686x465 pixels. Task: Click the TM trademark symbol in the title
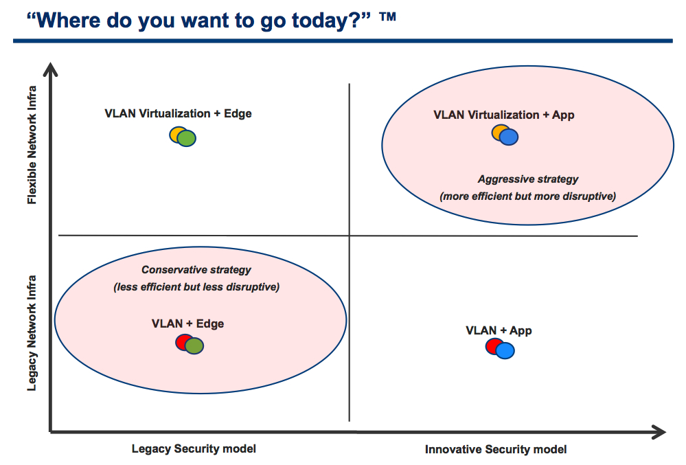click(x=387, y=16)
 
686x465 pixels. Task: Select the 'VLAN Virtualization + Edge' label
click(x=178, y=113)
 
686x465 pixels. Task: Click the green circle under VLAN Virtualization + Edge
click(x=187, y=138)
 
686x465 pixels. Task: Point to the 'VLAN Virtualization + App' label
click(x=503, y=115)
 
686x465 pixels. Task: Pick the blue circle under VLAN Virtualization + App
click(x=509, y=137)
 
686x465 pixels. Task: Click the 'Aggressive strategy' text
click(x=527, y=179)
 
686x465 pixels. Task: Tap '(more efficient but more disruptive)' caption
click(x=527, y=196)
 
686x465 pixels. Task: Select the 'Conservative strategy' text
click(x=196, y=270)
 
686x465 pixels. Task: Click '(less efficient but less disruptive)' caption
click(x=196, y=287)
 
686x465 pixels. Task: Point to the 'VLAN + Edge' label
click(x=187, y=324)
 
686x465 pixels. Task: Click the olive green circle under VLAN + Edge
click(x=194, y=346)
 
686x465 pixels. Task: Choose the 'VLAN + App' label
click(x=499, y=330)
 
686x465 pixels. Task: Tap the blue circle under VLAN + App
click(x=505, y=350)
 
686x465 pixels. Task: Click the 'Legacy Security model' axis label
click(x=194, y=449)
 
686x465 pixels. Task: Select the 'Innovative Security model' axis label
click(x=496, y=449)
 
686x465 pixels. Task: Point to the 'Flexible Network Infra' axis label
click(x=32, y=145)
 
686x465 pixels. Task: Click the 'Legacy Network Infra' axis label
click(x=32, y=333)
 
